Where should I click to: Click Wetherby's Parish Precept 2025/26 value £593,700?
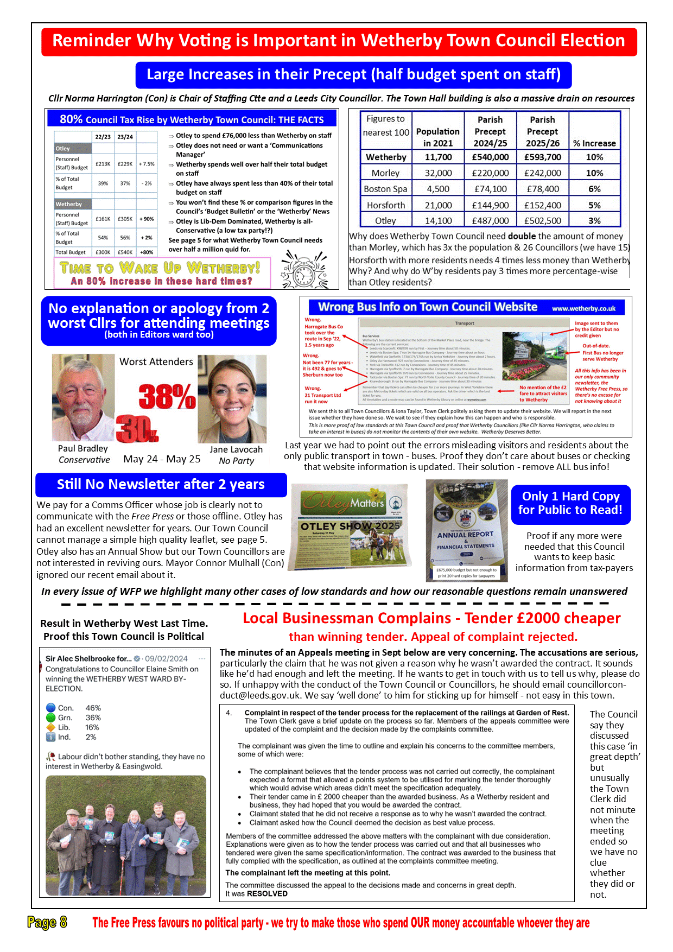pyautogui.click(x=542, y=157)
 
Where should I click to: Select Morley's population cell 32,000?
pyautogui.click(x=437, y=173)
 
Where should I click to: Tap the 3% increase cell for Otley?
pyautogui.click(x=594, y=221)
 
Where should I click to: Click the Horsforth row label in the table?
pyautogui.click(x=385, y=205)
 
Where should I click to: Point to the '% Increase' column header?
pyautogui.click(x=594, y=143)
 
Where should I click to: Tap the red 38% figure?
pyautogui.click(x=167, y=396)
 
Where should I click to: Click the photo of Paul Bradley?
pyautogui.click(x=83, y=398)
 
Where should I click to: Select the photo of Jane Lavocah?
pyautogui.click(x=232, y=399)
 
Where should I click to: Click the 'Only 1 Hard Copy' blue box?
pyautogui.click(x=570, y=504)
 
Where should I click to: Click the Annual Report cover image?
pyautogui.click(x=466, y=530)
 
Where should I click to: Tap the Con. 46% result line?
pyautogui.click(x=74, y=708)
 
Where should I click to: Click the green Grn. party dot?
pyautogui.click(x=51, y=718)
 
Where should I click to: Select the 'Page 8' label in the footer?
pyautogui.click(x=47, y=922)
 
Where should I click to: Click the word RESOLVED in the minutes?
pyautogui.click(x=267, y=893)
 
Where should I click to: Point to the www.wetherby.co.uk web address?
pyautogui.click(x=583, y=308)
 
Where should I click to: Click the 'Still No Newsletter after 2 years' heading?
pyautogui.click(x=161, y=485)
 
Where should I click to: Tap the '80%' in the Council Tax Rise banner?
pyautogui.click(x=71, y=119)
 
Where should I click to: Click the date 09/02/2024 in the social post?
pyautogui.click(x=166, y=658)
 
